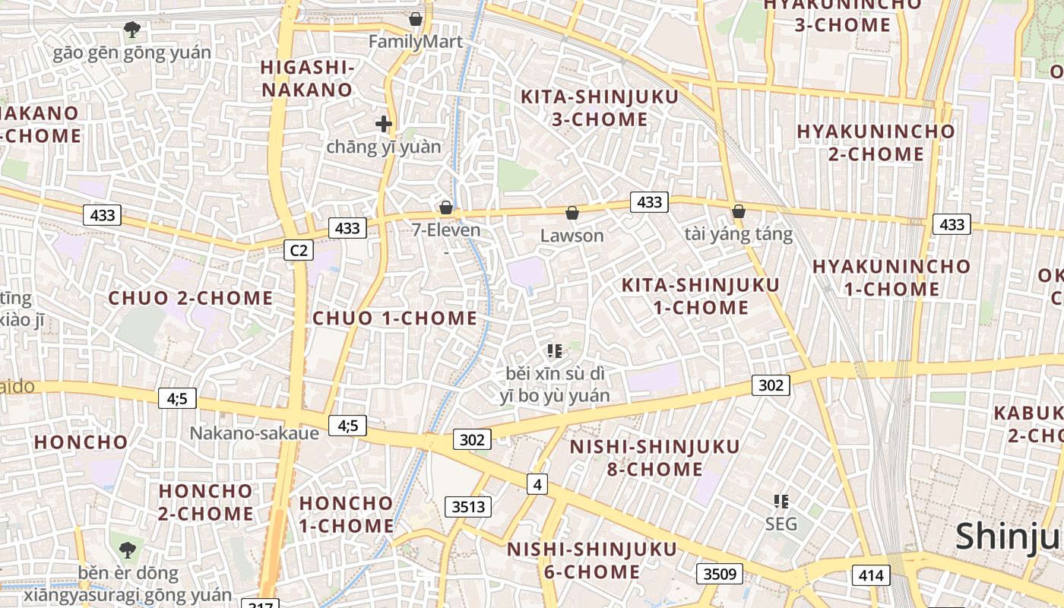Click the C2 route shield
pyautogui.click(x=299, y=249)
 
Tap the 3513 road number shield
pyautogui.click(x=468, y=506)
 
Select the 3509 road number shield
pyautogui.click(x=720, y=573)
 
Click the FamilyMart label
pyautogui.click(x=416, y=41)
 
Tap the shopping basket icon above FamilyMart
pyautogui.click(x=416, y=18)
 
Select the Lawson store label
pyautogui.click(x=572, y=236)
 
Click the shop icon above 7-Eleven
pyautogui.click(x=446, y=207)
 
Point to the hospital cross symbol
pyautogui.click(x=384, y=123)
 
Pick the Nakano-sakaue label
pyautogui.click(x=254, y=432)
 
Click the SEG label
pyautogui.click(x=781, y=524)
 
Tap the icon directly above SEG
pyautogui.click(x=781, y=501)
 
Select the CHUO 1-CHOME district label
pyautogui.click(x=395, y=318)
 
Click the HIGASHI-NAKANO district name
pyautogui.click(x=307, y=78)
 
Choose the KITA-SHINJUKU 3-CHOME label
pyautogui.click(x=599, y=108)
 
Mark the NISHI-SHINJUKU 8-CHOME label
pyautogui.click(x=654, y=458)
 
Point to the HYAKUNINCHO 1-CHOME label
pyautogui.click(x=891, y=277)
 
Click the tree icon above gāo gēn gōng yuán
pyautogui.click(x=132, y=30)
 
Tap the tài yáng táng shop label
pyautogui.click(x=738, y=234)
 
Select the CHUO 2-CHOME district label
pyautogui.click(x=191, y=298)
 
